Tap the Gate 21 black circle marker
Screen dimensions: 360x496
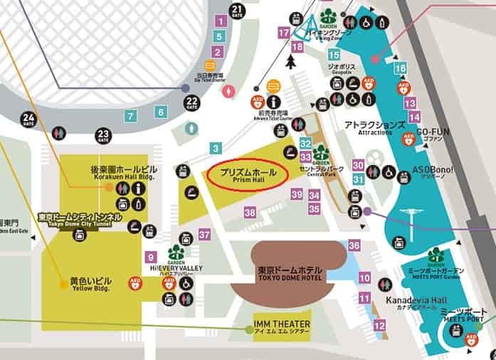[x=238, y=10]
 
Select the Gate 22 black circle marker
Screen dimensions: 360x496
[x=191, y=103]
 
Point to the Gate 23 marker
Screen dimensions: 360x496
[x=104, y=134]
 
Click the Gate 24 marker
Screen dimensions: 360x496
[x=28, y=119]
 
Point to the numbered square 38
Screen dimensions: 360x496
[x=250, y=212]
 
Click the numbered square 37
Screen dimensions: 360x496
[x=205, y=235]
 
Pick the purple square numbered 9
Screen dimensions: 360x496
[x=150, y=257]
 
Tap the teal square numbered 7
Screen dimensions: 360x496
[x=130, y=115]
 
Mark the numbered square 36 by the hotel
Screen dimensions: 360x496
[x=354, y=245]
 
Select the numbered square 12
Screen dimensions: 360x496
[x=379, y=325]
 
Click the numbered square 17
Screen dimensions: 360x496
[x=284, y=32]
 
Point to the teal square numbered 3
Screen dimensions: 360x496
[x=216, y=149]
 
